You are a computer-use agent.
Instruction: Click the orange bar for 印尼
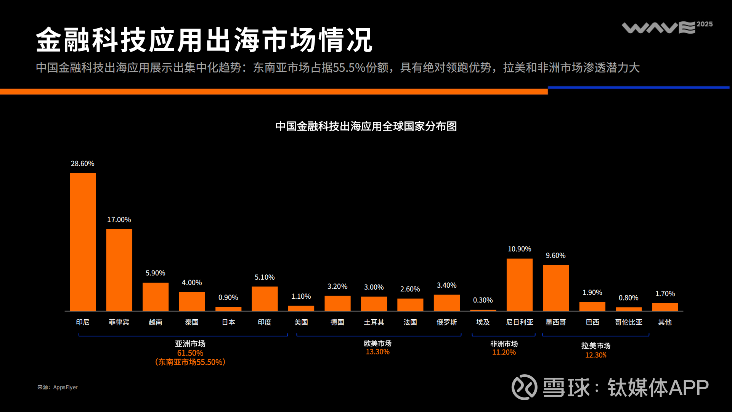pos(83,242)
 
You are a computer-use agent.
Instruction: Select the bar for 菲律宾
pos(119,270)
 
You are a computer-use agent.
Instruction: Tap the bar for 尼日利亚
pos(519,285)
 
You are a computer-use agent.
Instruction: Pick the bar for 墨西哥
pos(555,288)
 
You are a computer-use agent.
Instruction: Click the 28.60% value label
pos(82,164)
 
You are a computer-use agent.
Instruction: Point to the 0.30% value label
pos(483,300)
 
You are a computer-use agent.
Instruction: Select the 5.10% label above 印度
pos(265,277)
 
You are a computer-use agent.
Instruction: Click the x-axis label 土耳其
pos(374,322)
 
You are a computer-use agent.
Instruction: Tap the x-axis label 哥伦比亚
pos(628,322)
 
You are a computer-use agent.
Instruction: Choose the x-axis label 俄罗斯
pos(446,322)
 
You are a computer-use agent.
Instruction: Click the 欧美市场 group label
pos(377,343)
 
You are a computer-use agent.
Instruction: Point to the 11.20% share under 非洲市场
pos(504,352)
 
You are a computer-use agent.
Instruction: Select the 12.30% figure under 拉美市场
pos(596,355)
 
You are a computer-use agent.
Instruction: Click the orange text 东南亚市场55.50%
pos(190,362)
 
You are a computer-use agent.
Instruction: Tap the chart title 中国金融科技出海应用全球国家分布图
pos(366,126)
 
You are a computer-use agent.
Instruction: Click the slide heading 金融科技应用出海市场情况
pos(204,40)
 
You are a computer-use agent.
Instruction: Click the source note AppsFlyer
pos(65,387)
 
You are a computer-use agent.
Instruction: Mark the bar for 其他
pos(665,307)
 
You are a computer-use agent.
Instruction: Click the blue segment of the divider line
pos(639,88)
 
